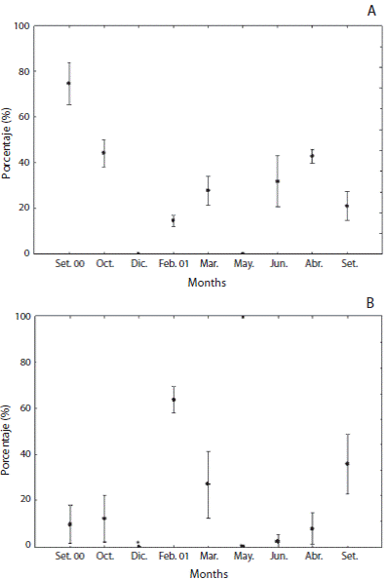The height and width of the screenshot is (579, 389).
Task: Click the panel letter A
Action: [370, 11]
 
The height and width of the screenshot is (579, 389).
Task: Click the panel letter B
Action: [370, 303]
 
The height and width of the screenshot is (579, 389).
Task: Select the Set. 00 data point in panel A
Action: [68, 83]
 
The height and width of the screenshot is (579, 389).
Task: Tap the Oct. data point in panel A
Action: [103, 152]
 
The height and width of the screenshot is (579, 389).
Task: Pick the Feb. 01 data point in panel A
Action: [174, 220]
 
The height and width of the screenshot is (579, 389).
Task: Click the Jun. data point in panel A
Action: [278, 181]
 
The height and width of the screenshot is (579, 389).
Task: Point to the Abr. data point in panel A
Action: [312, 156]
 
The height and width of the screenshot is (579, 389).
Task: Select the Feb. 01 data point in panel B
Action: [174, 399]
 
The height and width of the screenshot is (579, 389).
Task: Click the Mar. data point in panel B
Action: [208, 483]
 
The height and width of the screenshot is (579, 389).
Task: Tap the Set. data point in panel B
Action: [347, 463]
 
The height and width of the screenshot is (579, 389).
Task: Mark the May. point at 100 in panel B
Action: [243, 317]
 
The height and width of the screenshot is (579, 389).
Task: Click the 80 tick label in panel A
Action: [22, 71]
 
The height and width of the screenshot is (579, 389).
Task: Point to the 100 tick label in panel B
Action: [19, 317]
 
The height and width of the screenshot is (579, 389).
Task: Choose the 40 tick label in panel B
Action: [22, 454]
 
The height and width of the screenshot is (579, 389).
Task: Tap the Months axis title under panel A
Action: [207, 283]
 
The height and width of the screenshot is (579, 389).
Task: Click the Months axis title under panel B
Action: [207, 573]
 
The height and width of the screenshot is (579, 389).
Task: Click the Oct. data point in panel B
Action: [103, 518]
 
